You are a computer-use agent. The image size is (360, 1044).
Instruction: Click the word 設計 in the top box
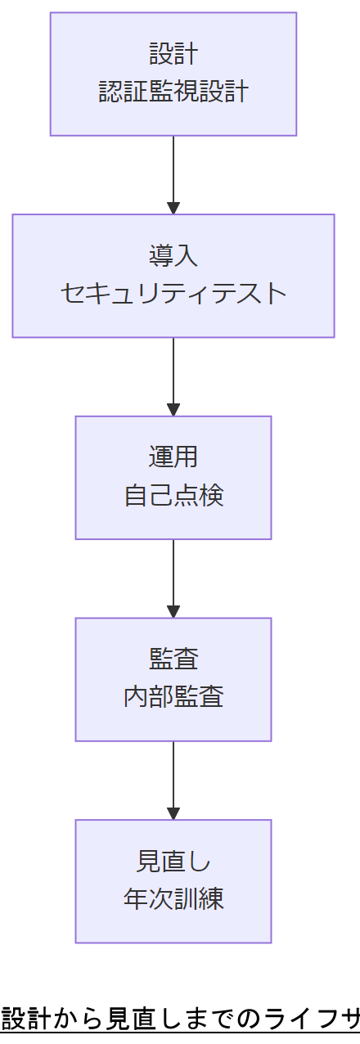pos(173,55)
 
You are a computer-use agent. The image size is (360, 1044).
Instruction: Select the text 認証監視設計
pos(173,92)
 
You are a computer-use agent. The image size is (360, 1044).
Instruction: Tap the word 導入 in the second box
pos(173,256)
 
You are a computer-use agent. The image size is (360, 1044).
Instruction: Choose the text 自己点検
pos(173,496)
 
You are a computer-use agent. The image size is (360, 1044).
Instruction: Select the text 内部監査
pos(173,697)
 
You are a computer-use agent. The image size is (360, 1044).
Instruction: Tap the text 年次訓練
pos(173,899)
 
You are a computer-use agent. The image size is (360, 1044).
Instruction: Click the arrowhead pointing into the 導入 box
pos(173,208)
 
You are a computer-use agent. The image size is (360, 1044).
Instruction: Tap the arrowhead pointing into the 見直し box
pos(173,813)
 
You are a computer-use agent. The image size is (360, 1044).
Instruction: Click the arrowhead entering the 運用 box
pos(173,410)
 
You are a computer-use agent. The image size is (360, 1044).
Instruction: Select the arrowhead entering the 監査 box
pos(173,611)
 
